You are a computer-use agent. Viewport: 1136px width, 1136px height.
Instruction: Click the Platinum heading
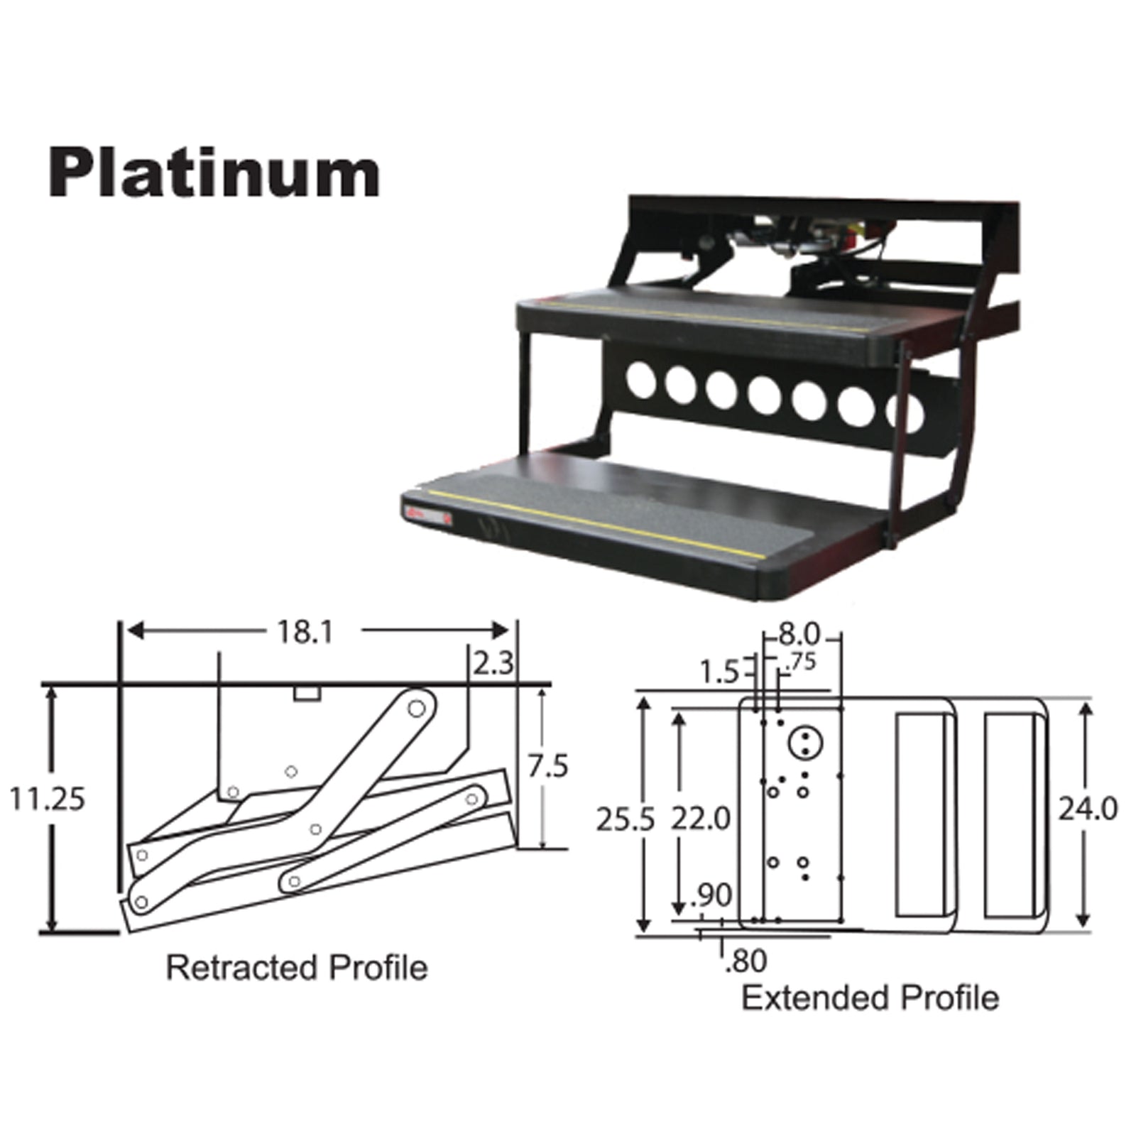coord(214,174)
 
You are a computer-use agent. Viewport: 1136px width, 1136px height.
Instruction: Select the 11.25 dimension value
coord(47,799)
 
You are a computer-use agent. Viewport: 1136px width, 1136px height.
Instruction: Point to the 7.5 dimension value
coord(547,767)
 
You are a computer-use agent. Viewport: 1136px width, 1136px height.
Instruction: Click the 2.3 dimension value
coord(493,664)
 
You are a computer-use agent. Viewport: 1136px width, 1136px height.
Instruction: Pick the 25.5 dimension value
coord(624,819)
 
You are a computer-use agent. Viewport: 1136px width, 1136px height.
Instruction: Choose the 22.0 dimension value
coord(701,819)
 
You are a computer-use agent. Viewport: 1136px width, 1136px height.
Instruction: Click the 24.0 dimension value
coord(1088,809)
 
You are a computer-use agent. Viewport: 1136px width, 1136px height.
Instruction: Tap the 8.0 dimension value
coord(799,633)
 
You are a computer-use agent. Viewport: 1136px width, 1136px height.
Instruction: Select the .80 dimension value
coord(746,961)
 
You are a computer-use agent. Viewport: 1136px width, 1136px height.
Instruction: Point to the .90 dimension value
coord(711,896)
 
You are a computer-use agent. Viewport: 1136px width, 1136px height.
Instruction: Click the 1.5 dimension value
coord(719,672)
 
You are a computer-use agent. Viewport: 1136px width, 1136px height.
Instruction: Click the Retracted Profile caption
coord(297,968)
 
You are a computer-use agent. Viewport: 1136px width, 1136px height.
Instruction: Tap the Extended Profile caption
coord(870,998)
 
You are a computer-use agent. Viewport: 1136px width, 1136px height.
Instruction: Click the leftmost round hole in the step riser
coord(640,380)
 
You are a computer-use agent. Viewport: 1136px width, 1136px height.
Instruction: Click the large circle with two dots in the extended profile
coord(805,743)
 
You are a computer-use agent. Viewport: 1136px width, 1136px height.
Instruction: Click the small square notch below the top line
coord(307,693)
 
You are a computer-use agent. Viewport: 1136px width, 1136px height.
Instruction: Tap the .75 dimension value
coord(802,662)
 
